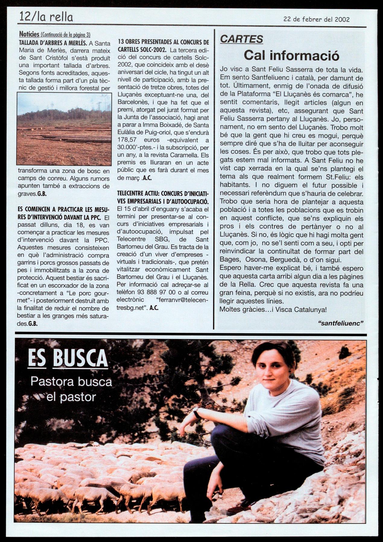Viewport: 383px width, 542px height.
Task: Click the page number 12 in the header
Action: click(25, 17)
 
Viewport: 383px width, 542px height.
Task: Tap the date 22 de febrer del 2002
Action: click(316, 20)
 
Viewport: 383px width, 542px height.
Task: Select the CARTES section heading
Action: click(241, 39)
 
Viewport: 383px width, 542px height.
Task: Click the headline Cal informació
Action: click(291, 55)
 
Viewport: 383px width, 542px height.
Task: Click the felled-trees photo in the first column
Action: click(64, 129)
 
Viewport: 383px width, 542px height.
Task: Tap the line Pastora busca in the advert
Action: click(71, 382)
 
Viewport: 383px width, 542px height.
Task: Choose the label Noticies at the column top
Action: click(29, 34)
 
